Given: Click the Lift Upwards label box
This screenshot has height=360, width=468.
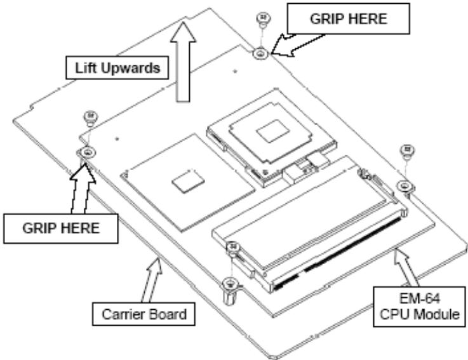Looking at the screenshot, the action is click(117, 68).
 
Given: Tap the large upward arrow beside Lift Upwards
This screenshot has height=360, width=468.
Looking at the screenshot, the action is click(183, 63).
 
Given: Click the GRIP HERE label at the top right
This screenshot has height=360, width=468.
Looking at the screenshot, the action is click(349, 19).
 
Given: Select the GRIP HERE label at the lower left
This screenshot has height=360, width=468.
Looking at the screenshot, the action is click(61, 229).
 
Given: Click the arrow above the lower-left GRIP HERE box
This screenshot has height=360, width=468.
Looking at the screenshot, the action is click(82, 189).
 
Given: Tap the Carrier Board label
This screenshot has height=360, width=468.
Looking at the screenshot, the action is click(144, 314).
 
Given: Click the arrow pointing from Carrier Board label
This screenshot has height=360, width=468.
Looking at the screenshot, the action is click(151, 281).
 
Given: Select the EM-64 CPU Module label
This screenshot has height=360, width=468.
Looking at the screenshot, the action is click(419, 307).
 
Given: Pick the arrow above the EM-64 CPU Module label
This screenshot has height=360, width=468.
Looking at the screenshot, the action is click(406, 267).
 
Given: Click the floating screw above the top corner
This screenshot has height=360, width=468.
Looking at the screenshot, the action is click(264, 20).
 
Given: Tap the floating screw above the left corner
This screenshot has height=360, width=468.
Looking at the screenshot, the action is click(91, 118).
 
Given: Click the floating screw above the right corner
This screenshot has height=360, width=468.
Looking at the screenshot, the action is click(407, 152).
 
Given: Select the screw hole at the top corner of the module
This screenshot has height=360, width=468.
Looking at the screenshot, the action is click(261, 54).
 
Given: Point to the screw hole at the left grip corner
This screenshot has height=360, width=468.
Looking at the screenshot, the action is click(87, 152).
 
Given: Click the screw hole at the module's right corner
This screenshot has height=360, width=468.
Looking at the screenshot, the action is click(405, 186).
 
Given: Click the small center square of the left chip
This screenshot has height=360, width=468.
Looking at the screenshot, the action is click(189, 182).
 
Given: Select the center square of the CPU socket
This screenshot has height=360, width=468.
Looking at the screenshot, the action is click(273, 131).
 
